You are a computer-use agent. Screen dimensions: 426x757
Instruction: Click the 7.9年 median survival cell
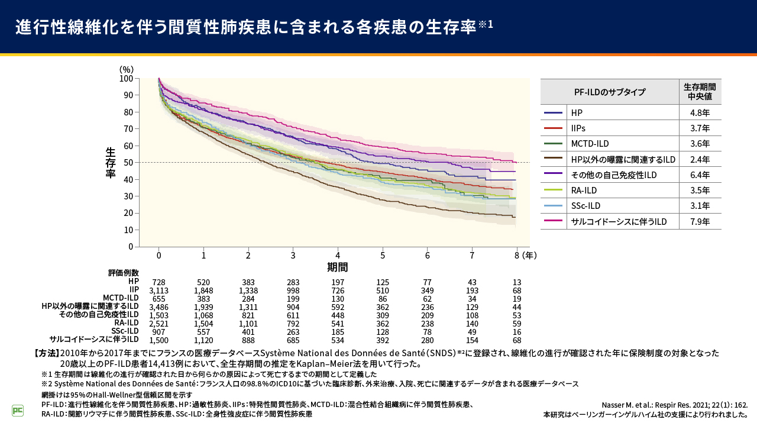pos(700,221)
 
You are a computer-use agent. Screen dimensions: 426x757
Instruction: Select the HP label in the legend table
pos(577,112)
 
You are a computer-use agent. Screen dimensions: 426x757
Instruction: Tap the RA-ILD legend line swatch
pos(552,191)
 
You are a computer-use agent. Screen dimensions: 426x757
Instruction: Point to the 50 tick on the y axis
pos(127,163)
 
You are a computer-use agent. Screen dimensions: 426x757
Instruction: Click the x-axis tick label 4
pos(338,255)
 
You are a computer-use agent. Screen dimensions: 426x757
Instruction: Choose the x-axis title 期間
pos(338,267)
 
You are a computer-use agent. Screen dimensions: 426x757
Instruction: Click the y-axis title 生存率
pos(111,163)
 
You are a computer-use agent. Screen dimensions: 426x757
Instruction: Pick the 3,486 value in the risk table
pos(159,306)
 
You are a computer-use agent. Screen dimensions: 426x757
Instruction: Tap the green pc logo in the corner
pos(18,410)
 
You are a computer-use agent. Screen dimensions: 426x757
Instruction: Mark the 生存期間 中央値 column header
pos(700,92)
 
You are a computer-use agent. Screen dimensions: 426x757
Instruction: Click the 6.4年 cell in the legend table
pos(700,175)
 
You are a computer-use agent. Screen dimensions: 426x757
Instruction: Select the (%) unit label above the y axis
pos(127,70)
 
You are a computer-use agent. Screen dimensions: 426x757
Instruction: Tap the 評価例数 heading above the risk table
pos(124,273)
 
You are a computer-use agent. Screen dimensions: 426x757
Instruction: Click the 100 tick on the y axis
pos(126,79)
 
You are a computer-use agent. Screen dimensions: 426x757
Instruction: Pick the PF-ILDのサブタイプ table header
pos(609,92)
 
